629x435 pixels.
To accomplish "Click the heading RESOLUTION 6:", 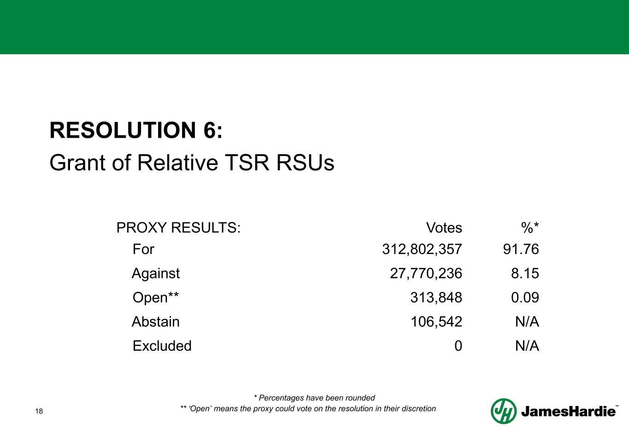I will [x=136, y=131].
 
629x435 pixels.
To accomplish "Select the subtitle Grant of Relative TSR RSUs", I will [x=192, y=163].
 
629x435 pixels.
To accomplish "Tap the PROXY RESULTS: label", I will [x=178, y=227].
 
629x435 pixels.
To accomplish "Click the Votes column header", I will [x=444, y=227].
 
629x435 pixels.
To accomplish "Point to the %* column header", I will [x=530, y=227].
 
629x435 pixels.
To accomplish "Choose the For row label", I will [x=143, y=249].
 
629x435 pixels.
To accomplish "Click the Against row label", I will [x=156, y=273].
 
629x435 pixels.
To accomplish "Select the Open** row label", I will [x=156, y=298].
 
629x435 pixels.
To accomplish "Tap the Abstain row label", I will [x=156, y=322].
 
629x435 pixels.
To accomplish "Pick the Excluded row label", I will [x=162, y=346].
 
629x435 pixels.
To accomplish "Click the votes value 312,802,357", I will [x=422, y=249].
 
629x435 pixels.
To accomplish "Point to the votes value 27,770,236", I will [x=426, y=273].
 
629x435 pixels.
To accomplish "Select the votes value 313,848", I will [x=436, y=298].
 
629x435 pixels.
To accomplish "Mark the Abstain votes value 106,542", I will [x=436, y=322].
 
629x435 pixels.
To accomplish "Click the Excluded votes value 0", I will [x=458, y=346].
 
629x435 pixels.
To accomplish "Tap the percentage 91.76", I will [x=521, y=249].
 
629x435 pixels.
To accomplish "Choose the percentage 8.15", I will [x=525, y=273].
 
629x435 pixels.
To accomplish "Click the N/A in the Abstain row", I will [x=527, y=322].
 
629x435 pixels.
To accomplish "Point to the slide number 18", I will [x=39, y=411].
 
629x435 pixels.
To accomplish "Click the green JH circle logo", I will [x=503, y=411].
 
